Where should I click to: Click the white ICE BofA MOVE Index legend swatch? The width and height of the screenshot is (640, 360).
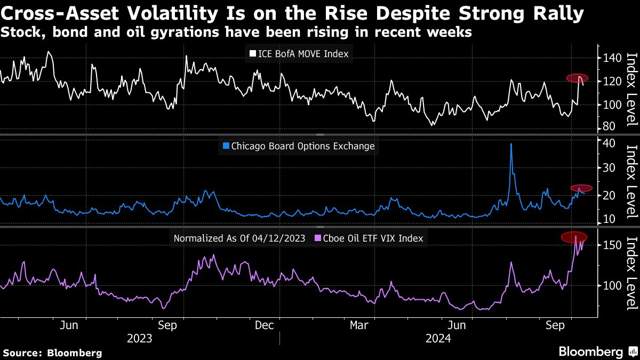click(253, 53)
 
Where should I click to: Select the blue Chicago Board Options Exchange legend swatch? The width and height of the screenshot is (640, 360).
click(226, 146)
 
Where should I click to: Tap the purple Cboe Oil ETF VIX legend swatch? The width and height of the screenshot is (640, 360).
click(318, 238)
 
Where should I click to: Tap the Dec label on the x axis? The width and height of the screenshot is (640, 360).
click(265, 325)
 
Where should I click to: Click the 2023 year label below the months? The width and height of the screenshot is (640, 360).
click(139, 338)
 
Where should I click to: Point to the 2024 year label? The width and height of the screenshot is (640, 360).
click(438, 338)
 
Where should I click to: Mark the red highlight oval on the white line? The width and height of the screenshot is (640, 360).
click(577, 78)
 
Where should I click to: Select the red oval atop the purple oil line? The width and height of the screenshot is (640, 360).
click(573, 237)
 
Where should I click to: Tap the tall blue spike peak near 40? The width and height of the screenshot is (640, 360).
click(511, 144)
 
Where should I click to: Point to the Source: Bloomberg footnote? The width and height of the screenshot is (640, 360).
click(52, 353)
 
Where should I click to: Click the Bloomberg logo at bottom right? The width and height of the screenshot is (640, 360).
click(597, 351)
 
